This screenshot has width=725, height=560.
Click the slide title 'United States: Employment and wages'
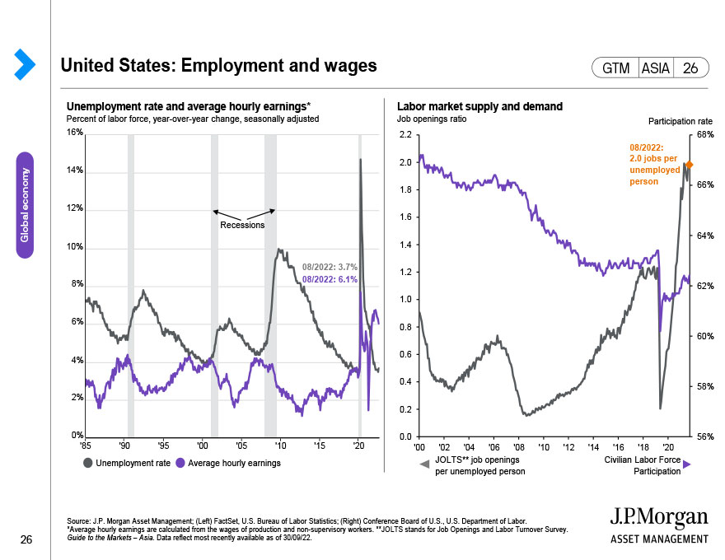(218, 65)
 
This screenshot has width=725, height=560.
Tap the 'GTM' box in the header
(615, 69)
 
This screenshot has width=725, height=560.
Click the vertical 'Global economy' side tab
(25, 205)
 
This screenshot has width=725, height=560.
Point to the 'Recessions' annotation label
(242, 225)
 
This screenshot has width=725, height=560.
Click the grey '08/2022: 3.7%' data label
(330, 268)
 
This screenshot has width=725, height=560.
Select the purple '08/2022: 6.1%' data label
(330, 280)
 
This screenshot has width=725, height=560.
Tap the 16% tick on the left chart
(74, 133)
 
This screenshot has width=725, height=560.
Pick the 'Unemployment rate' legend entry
(127, 463)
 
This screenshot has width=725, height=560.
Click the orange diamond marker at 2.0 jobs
(689, 165)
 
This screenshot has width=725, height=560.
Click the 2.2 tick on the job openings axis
(405, 133)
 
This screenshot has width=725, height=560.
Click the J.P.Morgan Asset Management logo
(658, 525)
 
